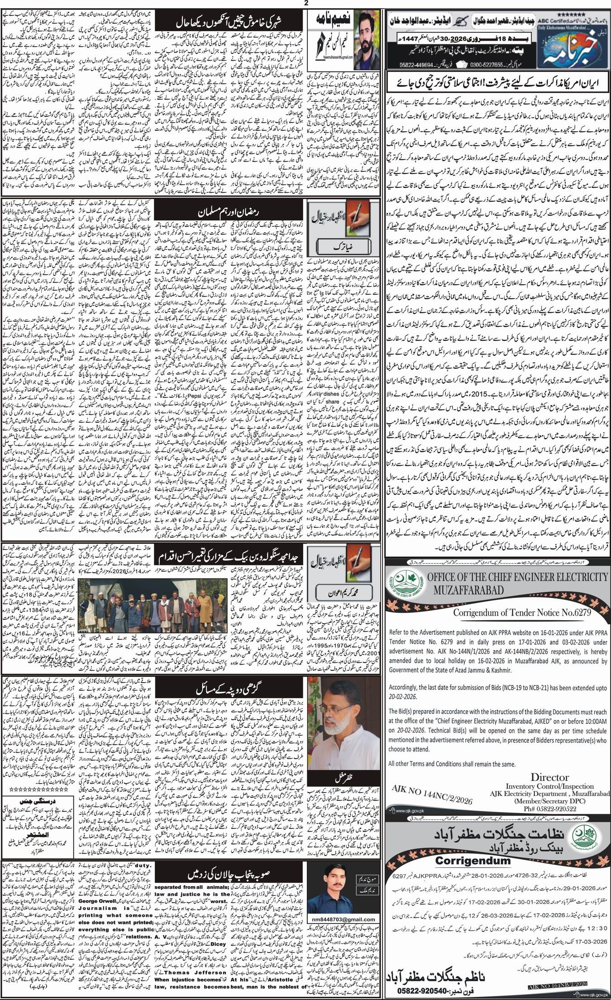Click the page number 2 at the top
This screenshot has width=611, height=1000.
click(x=306, y=4)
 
